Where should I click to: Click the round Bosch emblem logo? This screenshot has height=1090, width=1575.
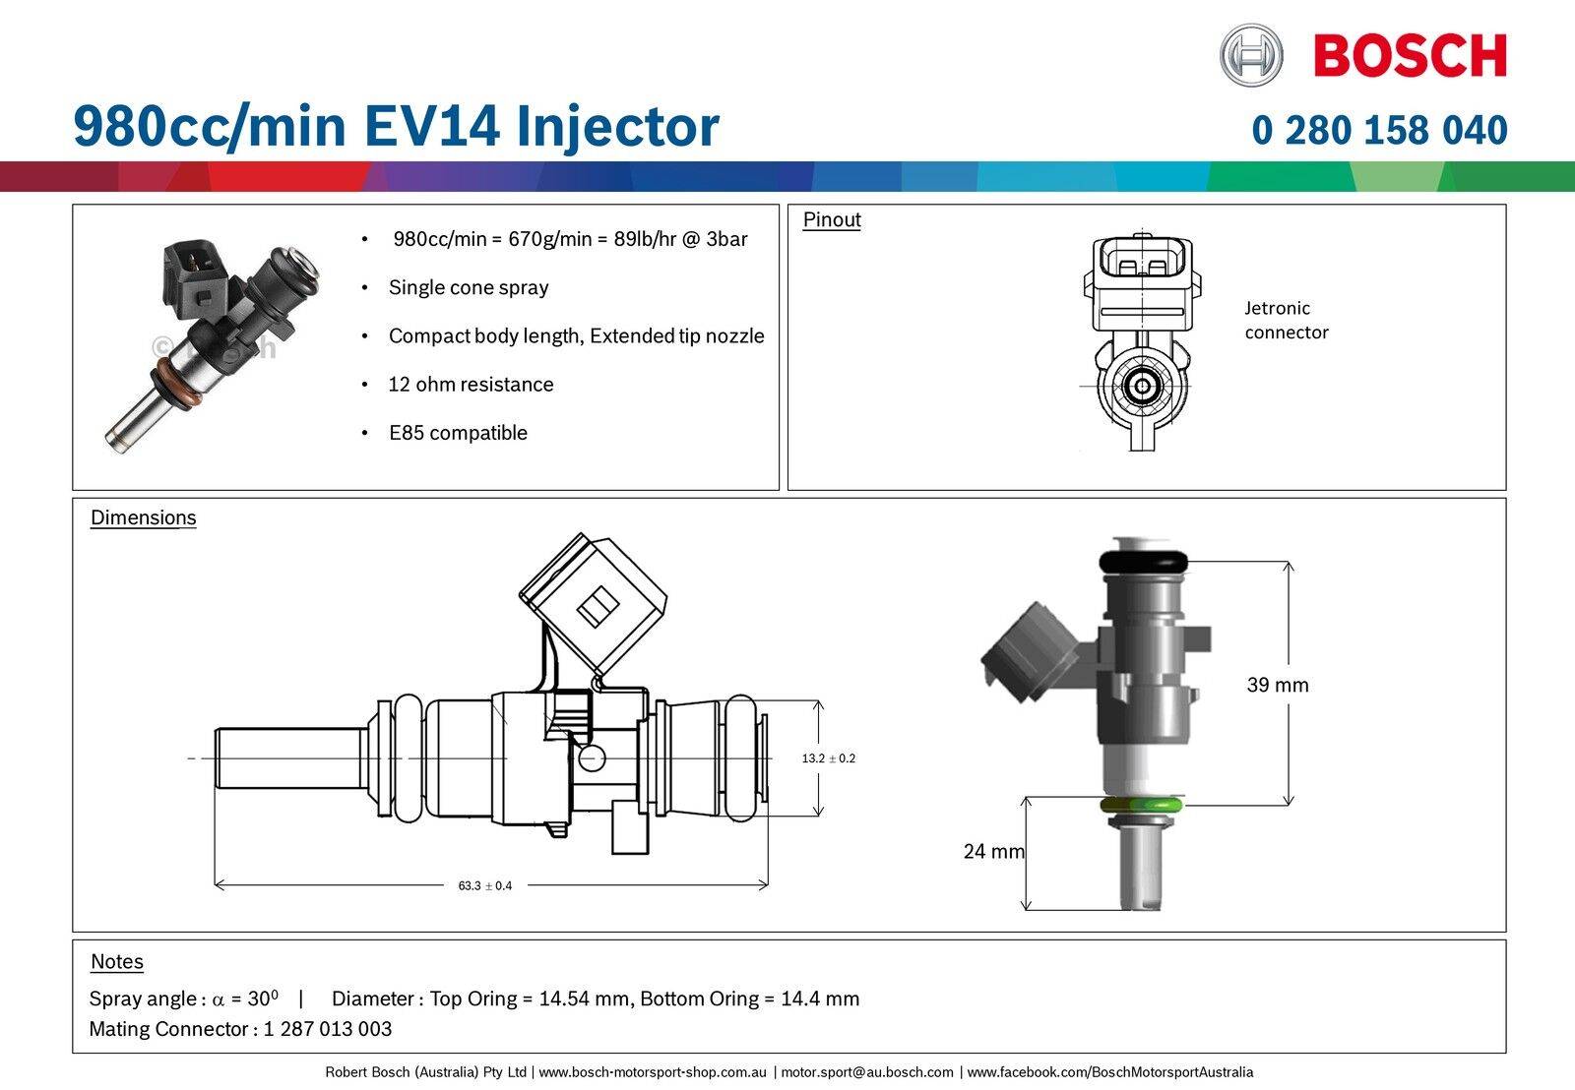[x=1251, y=55]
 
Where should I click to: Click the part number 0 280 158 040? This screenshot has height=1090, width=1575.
[x=1379, y=130]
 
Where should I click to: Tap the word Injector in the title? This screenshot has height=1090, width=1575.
[x=617, y=127]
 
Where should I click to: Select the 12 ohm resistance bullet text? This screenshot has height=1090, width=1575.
[x=471, y=385]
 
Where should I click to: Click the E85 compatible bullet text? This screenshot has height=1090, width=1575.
[x=458, y=433]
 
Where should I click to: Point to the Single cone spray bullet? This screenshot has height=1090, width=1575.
[x=469, y=288]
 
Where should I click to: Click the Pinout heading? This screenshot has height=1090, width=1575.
[x=832, y=220]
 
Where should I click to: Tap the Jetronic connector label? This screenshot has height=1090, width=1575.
[x=1286, y=321]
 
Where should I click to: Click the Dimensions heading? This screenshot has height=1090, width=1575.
[x=144, y=518]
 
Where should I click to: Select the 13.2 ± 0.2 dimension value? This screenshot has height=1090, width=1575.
[x=828, y=758]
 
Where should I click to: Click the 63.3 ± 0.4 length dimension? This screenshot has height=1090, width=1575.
[x=485, y=885]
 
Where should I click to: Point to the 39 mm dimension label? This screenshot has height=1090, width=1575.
[x=1278, y=686]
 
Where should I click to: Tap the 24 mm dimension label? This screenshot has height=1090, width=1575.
[x=993, y=852]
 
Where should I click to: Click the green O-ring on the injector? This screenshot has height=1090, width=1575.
[x=1141, y=805]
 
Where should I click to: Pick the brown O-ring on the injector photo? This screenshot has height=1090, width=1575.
[x=179, y=385]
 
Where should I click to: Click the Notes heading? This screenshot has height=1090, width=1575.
[x=117, y=962]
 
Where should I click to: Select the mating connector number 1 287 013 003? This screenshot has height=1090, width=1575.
[x=328, y=1030]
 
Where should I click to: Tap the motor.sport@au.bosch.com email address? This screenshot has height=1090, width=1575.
[x=867, y=1072]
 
